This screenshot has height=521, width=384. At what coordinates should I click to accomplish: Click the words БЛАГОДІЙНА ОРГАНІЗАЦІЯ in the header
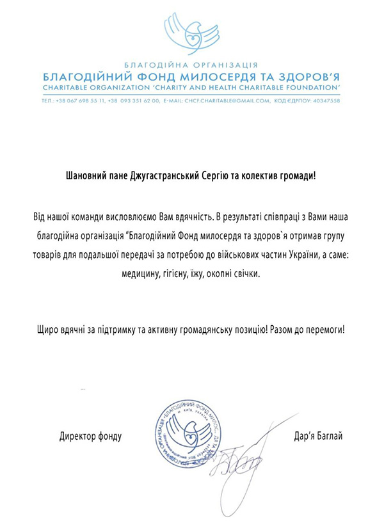coord(191,65)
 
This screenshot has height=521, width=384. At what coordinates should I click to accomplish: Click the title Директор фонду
coord(90,437)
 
